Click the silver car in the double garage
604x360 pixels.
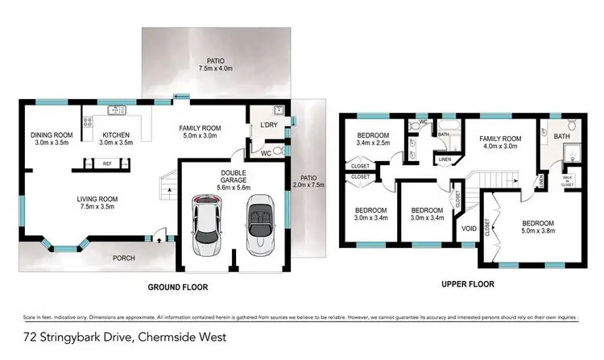(x=208, y=226)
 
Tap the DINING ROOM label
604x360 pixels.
(x=52, y=134)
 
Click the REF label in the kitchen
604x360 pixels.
(x=107, y=163)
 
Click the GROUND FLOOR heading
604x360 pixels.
(x=177, y=287)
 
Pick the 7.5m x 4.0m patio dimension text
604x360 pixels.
(x=215, y=68)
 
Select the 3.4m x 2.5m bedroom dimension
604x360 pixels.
(x=373, y=143)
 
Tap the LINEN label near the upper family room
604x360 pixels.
(x=445, y=159)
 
